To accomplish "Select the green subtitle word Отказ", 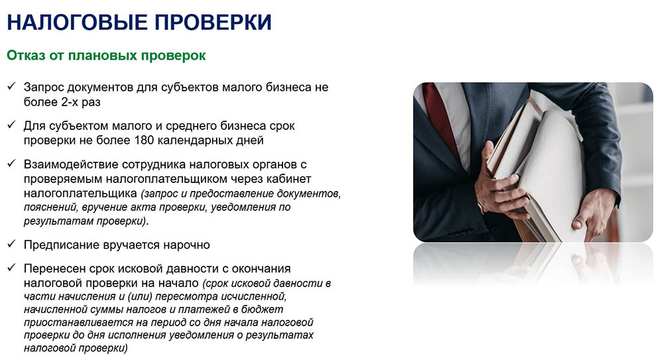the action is click(x=26, y=56).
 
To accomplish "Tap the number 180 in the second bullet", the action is click(x=143, y=140).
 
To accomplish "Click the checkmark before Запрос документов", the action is click(x=11, y=86).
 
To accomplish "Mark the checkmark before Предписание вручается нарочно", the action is click(x=11, y=244).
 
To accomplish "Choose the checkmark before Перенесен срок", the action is click(x=11, y=268).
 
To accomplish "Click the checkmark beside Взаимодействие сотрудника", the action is click(x=11, y=163).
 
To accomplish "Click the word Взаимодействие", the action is click(x=66, y=164).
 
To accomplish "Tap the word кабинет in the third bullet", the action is click(x=289, y=178).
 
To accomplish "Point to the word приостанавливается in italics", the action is click(x=78, y=322).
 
